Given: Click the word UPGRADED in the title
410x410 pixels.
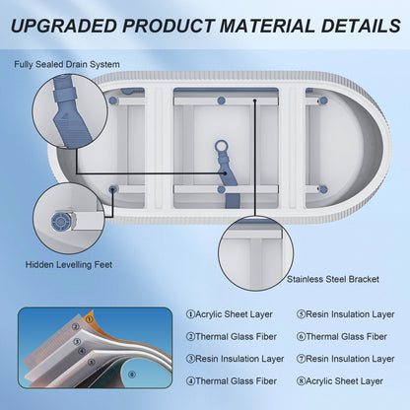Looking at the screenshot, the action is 64,26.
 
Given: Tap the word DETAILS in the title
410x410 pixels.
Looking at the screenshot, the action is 361,26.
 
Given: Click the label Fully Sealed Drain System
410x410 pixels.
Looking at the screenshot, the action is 67,64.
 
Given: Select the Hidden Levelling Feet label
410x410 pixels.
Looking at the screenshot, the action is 69,264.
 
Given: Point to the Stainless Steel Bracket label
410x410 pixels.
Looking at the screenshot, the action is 333,279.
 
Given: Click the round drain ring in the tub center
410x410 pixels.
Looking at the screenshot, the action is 222,146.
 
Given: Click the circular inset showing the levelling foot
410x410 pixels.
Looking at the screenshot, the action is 69,219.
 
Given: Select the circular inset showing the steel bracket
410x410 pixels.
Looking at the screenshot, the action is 255,253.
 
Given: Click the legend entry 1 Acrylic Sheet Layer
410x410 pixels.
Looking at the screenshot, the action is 230,314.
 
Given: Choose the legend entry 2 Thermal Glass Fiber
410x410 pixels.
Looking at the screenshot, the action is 232,337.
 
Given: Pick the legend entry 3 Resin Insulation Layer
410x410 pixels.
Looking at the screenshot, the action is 235,359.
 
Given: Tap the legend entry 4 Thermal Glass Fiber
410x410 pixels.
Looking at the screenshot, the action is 232,381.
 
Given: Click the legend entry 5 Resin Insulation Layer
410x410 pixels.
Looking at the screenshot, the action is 346,314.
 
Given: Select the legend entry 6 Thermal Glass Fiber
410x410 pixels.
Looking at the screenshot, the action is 342,337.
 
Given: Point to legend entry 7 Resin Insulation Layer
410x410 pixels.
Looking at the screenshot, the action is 346,359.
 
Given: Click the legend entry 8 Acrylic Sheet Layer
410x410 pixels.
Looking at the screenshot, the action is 340,381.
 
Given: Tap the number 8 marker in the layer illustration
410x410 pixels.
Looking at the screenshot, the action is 132,375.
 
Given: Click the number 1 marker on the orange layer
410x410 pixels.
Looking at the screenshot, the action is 90,319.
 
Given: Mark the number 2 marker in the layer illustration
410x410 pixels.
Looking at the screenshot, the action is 76,327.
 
